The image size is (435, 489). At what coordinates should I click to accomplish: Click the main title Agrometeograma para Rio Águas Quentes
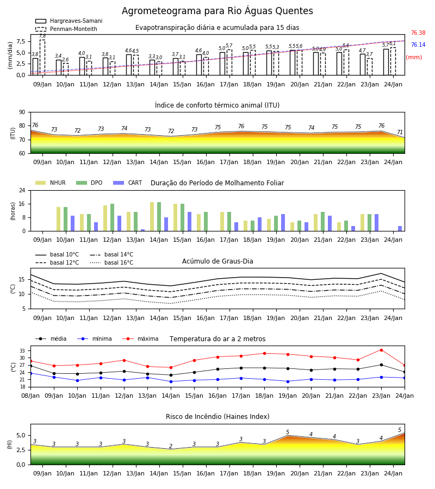click(x=217, y=11)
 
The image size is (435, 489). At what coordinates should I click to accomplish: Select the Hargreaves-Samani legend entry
click(x=69, y=21)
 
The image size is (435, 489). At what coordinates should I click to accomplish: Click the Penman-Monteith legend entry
click(x=66, y=29)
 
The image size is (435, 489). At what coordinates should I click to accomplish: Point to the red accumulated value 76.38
click(x=418, y=33)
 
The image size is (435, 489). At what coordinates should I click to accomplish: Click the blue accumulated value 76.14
click(x=418, y=45)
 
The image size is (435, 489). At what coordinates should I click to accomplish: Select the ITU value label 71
click(x=400, y=132)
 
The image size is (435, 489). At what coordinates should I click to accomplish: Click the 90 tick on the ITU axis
click(x=22, y=112)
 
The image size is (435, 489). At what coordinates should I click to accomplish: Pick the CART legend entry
click(x=128, y=183)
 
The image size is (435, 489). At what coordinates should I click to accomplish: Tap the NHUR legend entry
click(x=51, y=183)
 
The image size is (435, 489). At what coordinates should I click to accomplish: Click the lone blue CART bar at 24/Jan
click(x=400, y=229)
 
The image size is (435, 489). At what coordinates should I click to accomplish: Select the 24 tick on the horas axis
click(x=22, y=190)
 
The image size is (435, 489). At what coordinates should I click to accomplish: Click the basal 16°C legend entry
click(x=111, y=262)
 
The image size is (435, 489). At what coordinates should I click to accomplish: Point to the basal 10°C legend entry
click(x=57, y=254)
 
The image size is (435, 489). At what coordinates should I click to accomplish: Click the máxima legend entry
click(x=140, y=338)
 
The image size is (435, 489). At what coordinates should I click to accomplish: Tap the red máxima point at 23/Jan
click(x=381, y=350)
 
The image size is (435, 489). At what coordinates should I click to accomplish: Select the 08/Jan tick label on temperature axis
click(x=30, y=396)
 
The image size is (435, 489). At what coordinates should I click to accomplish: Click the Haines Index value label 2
click(x=171, y=446)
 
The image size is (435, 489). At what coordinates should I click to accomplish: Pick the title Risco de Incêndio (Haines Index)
click(x=217, y=416)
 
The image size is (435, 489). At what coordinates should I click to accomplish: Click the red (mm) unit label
click(x=414, y=58)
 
